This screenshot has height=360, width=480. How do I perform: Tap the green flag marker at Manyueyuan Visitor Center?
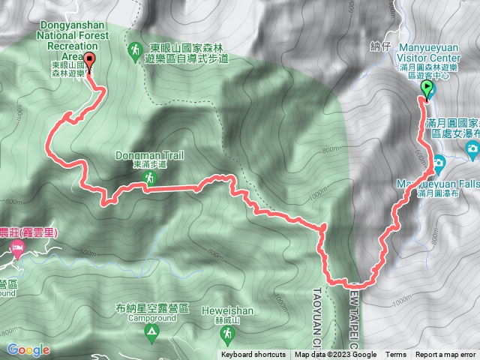pos(427,90)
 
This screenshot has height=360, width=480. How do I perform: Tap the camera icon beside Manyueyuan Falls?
pos(438,162)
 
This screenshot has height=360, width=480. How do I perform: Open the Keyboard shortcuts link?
pos(253,355)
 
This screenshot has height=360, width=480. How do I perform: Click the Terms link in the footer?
pos(396,355)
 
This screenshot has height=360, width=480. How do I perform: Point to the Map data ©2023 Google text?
pos(335,355)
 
